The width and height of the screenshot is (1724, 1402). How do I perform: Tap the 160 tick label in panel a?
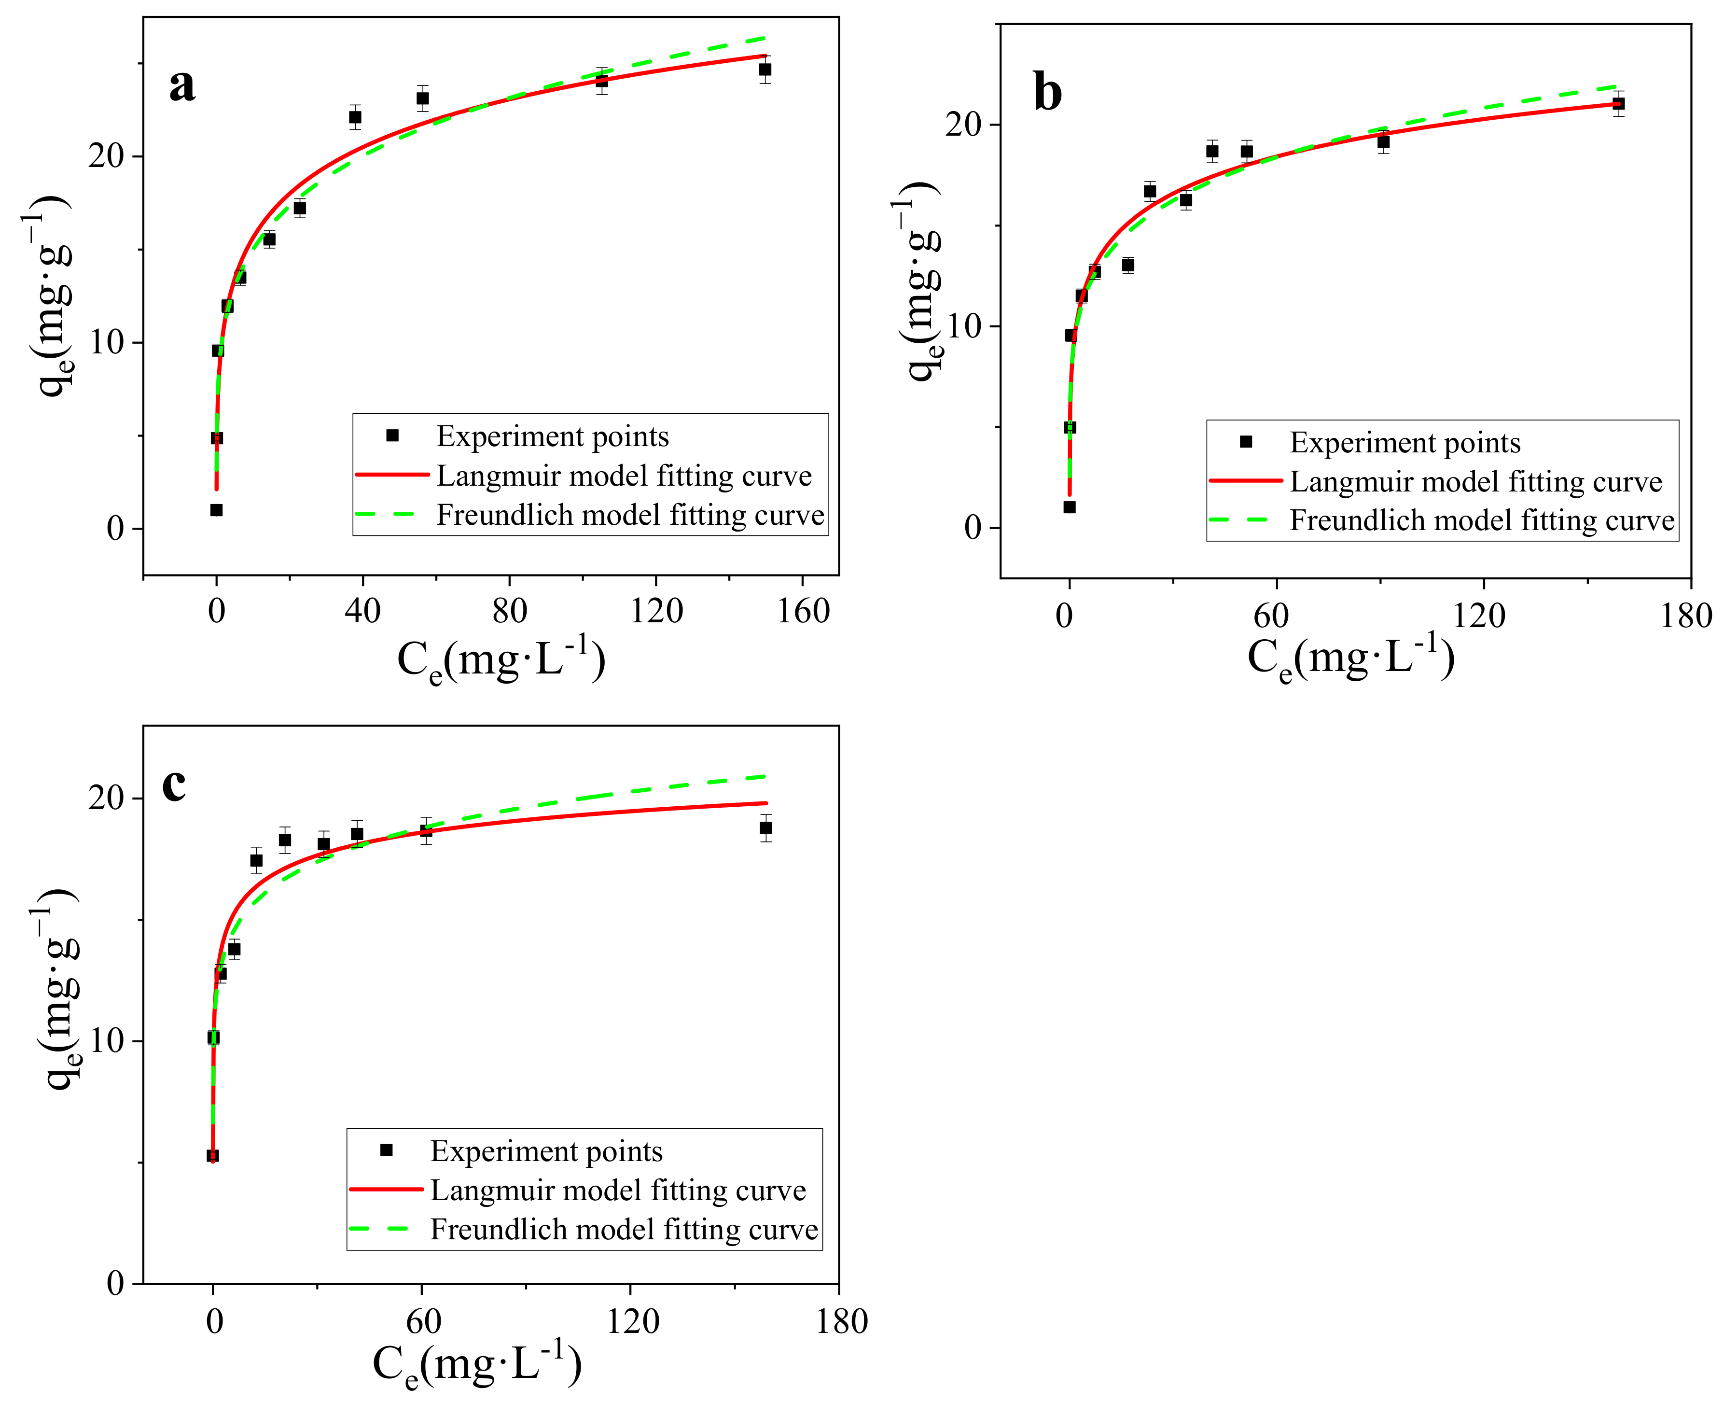click(x=803, y=611)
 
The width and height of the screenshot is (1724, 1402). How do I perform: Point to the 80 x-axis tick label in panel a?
click(x=510, y=611)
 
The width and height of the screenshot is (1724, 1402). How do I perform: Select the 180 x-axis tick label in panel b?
click(x=1685, y=616)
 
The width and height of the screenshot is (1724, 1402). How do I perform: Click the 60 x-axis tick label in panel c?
click(x=423, y=1321)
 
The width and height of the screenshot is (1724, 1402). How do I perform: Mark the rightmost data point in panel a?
click(x=765, y=70)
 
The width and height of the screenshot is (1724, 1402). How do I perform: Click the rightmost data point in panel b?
click(x=1618, y=103)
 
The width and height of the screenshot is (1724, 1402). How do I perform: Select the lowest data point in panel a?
click(x=216, y=510)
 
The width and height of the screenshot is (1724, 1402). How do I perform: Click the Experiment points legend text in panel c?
click(x=546, y=1151)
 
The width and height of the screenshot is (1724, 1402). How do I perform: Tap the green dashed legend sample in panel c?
click(x=386, y=1229)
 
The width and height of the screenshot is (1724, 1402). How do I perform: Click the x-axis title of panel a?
click(x=501, y=660)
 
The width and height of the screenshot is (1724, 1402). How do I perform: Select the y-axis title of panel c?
click(x=58, y=989)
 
